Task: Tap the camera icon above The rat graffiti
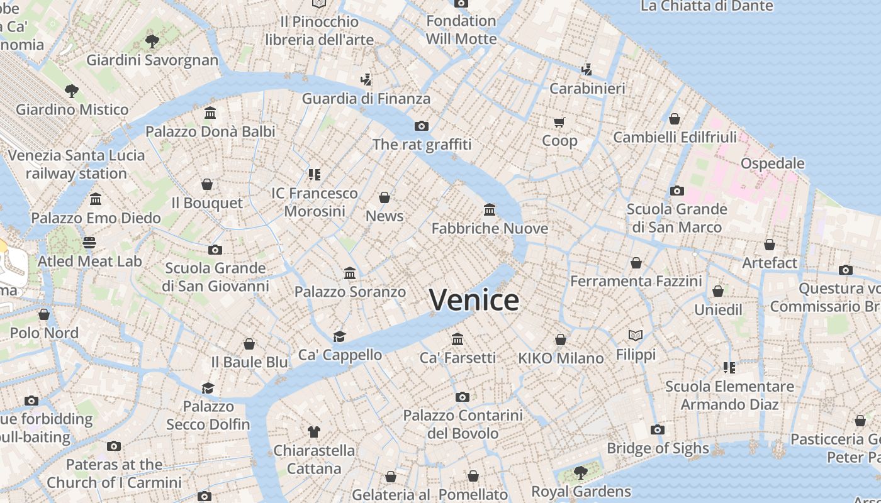tap(422, 126)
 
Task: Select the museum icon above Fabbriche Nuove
tap(490, 209)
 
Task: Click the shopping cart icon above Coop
tap(559, 122)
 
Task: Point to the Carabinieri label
tap(587, 89)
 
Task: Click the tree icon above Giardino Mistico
tap(72, 91)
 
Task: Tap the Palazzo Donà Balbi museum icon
tap(210, 113)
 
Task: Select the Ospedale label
tap(772, 163)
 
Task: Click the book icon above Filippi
tap(636, 336)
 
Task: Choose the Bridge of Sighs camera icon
tap(658, 430)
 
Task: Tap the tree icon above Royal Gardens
tap(581, 472)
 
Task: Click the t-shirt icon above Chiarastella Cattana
tap(314, 431)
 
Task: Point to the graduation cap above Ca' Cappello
tap(340, 336)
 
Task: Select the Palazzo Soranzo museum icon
tap(350, 273)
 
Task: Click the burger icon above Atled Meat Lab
tap(89, 243)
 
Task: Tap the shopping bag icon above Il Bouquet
tap(206, 184)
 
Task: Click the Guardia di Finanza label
tap(366, 99)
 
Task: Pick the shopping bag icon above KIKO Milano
tap(561, 340)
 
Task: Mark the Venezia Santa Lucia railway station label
tap(76, 164)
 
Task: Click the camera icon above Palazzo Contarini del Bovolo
tap(463, 397)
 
